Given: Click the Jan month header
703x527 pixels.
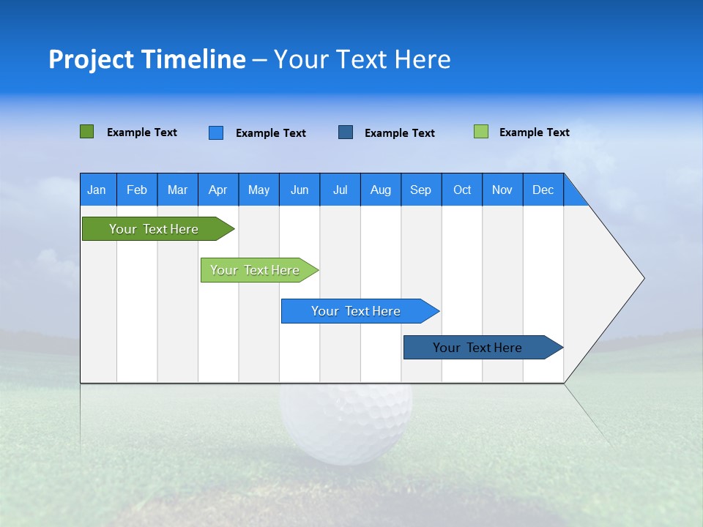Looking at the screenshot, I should (97, 190).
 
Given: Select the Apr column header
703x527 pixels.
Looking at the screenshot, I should (218, 190).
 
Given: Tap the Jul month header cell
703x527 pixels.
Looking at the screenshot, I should (340, 190).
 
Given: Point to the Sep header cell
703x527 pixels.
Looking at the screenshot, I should (421, 190).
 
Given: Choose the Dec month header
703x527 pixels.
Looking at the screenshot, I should (543, 190).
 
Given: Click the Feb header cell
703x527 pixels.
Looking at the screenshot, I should (137, 190).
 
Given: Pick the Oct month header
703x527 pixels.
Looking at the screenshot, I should (462, 190).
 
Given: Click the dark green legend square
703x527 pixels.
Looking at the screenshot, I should (86, 132).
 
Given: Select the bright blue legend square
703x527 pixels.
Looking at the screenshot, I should (216, 132).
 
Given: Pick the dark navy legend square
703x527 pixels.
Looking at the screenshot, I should (346, 132).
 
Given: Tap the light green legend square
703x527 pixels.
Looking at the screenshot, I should (481, 132).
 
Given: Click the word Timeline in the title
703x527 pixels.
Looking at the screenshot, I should (193, 59).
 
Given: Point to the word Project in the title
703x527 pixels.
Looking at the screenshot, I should (91, 59).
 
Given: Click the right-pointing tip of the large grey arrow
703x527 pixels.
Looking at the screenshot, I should (641, 278).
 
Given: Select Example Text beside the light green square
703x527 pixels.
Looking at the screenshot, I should (534, 132).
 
